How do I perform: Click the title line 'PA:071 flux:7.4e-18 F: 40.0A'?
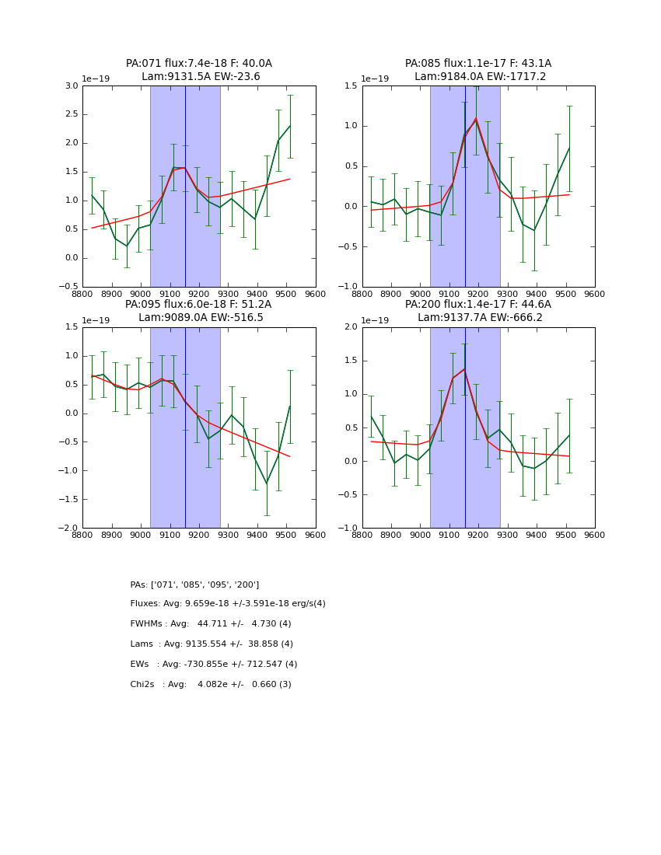coord(199,64)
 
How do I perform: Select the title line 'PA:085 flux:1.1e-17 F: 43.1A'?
coord(478,64)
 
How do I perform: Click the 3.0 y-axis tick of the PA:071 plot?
coord(72,85)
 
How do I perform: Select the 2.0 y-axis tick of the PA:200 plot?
coord(351,327)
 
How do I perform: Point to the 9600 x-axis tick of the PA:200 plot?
coord(595,536)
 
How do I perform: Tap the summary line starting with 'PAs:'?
coord(194,585)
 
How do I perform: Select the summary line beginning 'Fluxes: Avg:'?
coord(228,604)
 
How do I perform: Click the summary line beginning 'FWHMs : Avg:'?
coord(211,624)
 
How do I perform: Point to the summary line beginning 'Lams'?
coord(212,644)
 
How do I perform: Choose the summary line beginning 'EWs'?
coord(214,665)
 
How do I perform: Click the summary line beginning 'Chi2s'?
coord(211,685)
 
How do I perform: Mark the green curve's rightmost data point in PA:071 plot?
coord(290,126)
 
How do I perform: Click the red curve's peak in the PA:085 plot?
coord(476,119)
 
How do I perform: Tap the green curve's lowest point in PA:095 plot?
coord(267,483)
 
